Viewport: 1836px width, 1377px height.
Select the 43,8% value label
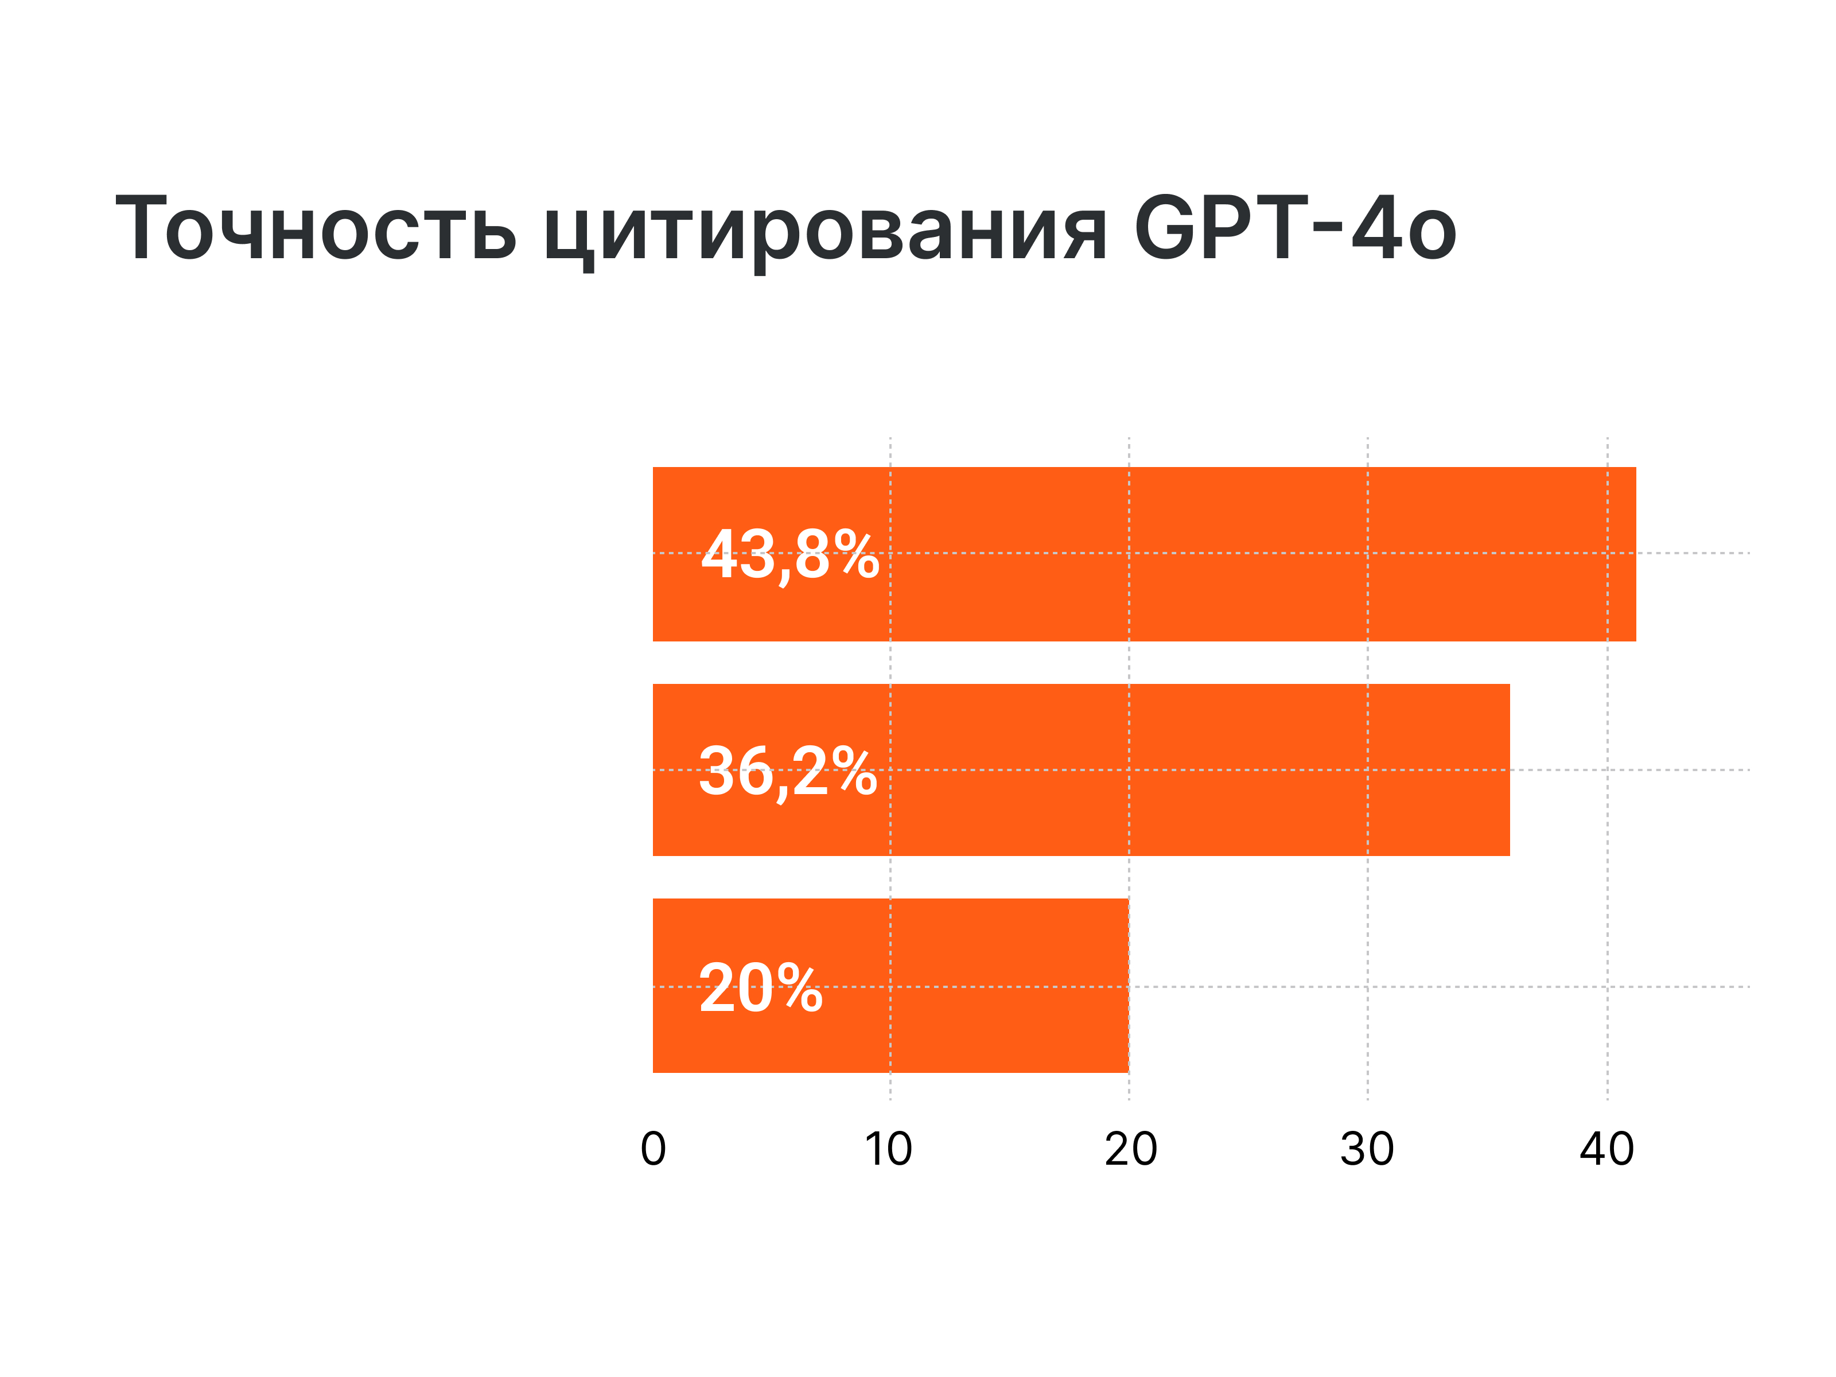pyautogui.click(x=789, y=554)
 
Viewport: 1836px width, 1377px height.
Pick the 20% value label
pyautogui.click(x=760, y=989)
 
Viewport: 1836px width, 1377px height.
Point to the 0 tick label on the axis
pyautogui.click(x=654, y=1150)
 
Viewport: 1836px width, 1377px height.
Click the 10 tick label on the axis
pyautogui.click(x=888, y=1150)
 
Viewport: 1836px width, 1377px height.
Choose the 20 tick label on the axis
pyautogui.click(x=1130, y=1150)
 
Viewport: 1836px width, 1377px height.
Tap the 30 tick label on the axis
pyautogui.click(x=1367, y=1150)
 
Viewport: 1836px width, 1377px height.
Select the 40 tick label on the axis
pyautogui.click(x=1607, y=1150)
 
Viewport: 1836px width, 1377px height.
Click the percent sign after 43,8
pyautogui.click(x=857, y=554)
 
